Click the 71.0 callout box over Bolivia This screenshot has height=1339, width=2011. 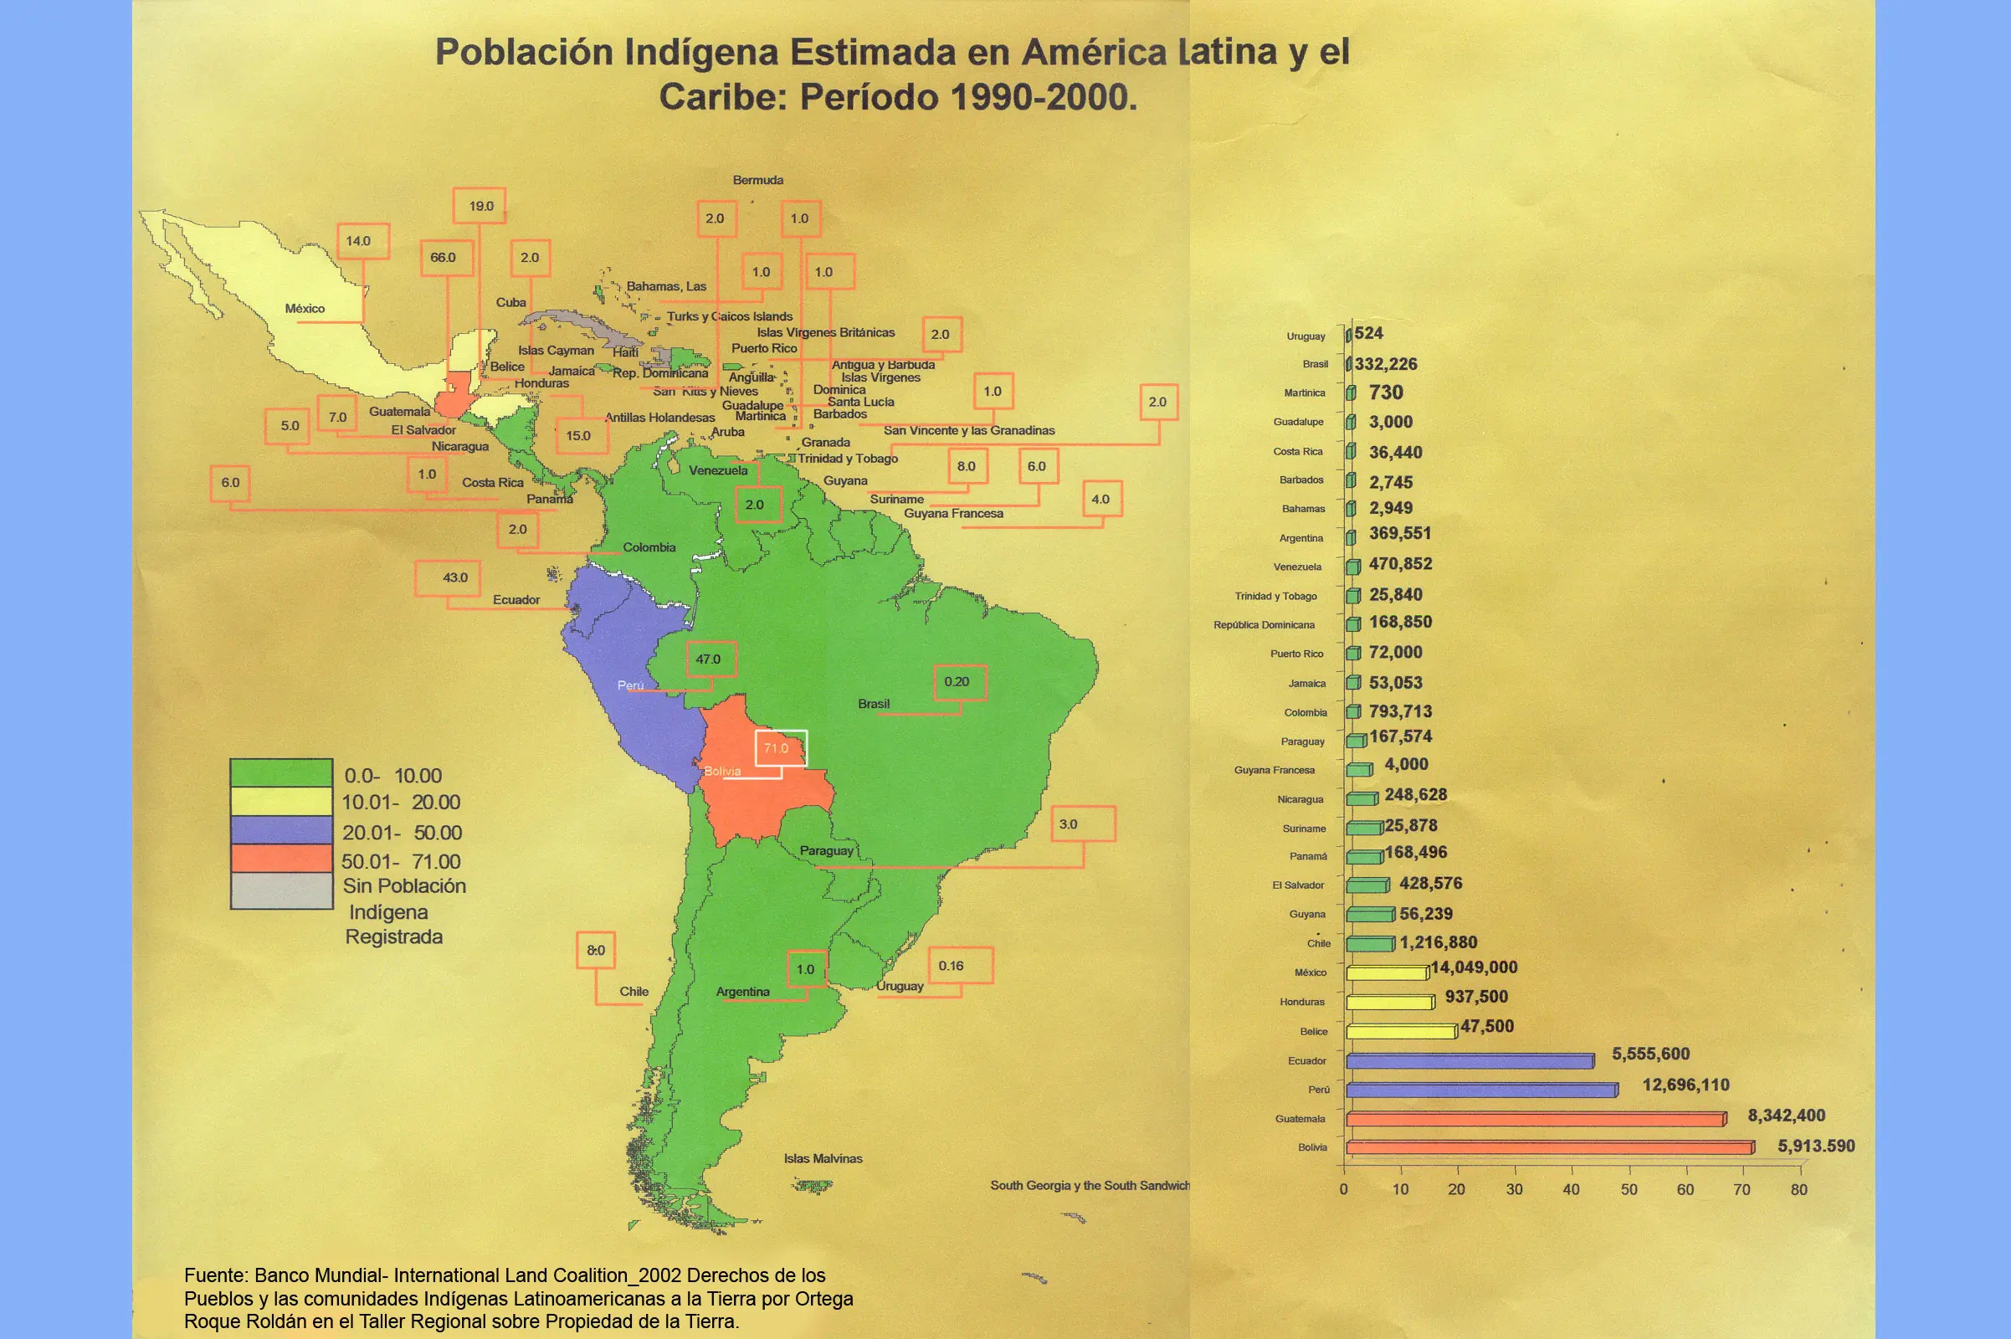781,748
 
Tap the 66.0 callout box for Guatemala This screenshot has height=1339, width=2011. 446,258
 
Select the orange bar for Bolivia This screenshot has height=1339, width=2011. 1549,1147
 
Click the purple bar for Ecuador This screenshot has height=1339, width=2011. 1469,1061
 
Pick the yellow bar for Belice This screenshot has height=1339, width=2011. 1400,1032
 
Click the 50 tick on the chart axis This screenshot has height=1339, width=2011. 1629,1189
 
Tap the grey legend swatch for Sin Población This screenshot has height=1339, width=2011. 281,890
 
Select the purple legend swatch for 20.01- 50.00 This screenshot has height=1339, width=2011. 281,831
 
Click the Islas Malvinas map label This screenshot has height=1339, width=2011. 823,1159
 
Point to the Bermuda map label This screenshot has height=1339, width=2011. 757,180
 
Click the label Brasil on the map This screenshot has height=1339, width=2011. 874,704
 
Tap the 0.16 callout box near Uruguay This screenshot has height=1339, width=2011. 960,966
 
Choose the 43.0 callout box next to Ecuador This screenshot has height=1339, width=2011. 448,578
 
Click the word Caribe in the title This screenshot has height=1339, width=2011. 722,96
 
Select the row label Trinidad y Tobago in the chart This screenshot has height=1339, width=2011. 1275,596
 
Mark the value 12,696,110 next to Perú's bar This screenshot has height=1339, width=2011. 1685,1085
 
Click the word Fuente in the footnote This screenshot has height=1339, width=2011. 214,1275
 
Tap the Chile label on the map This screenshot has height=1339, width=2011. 634,992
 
